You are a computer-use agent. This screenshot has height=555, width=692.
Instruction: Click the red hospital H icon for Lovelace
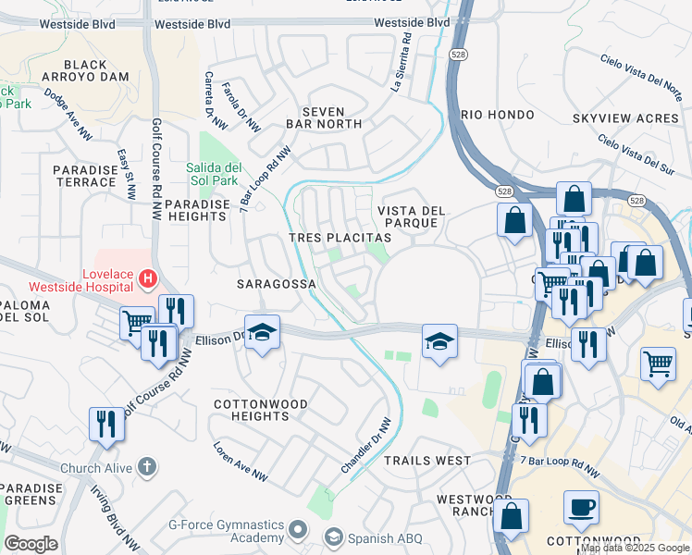coord(146,277)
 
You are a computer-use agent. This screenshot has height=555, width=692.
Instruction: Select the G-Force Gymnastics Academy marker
coord(298,531)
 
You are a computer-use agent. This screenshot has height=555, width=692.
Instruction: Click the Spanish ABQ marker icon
coord(334,536)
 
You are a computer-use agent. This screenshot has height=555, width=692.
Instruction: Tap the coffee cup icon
coord(581,508)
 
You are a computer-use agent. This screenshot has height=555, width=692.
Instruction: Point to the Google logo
coord(31,544)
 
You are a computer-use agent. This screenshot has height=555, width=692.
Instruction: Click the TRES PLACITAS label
coord(340,238)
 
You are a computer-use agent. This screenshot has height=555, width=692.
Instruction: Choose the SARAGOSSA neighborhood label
coord(277,283)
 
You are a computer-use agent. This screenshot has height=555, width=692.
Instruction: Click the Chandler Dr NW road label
coord(367,446)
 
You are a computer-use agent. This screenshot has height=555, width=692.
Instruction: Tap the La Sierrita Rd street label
coord(402,63)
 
